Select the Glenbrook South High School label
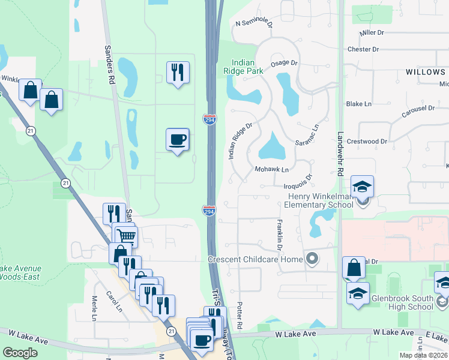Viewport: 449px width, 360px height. click(x=402, y=302)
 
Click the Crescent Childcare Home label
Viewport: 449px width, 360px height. click(x=256, y=259)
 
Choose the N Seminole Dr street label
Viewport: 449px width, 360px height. click(x=254, y=24)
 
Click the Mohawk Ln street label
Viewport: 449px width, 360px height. click(x=272, y=170)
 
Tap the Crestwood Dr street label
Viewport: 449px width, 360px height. click(x=367, y=142)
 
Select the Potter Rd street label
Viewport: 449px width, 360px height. click(x=240, y=314)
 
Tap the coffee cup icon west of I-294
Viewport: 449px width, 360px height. click(x=177, y=140)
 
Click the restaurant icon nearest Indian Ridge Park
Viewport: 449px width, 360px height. click(x=177, y=73)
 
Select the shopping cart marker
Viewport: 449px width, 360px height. click(x=126, y=236)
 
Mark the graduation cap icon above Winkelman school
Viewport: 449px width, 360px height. click(x=362, y=187)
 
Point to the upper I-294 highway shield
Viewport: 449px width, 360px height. click(x=209, y=119)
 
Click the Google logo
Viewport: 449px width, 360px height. click(x=20, y=353)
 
